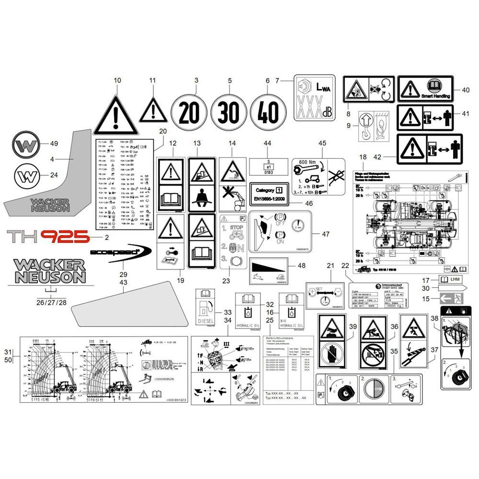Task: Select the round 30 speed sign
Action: pyautogui.click(x=229, y=114)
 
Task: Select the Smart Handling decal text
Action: pyautogui.click(x=436, y=96)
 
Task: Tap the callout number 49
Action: pyautogui.click(x=54, y=144)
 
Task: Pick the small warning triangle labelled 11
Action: pyautogui.click(x=153, y=110)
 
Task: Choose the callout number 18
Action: pyautogui.click(x=363, y=157)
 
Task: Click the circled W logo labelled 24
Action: pyautogui.click(x=27, y=176)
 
